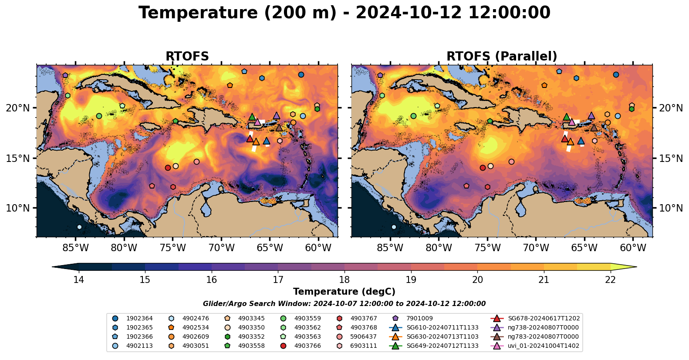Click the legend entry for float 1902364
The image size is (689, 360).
[x=139, y=319]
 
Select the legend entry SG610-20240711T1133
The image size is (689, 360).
[x=442, y=328]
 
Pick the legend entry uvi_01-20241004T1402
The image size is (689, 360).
[x=543, y=346]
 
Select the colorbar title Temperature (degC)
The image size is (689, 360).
[x=344, y=292]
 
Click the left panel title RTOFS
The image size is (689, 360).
[x=187, y=57]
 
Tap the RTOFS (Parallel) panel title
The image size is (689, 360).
[x=502, y=57]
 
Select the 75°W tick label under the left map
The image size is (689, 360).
[x=172, y=248]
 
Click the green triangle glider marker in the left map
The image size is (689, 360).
[x=252, y=117]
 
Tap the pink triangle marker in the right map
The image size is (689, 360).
[x=572, y=122]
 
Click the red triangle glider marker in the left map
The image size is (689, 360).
[x=250, y=139]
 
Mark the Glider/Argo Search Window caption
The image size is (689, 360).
[x=344, y=304]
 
